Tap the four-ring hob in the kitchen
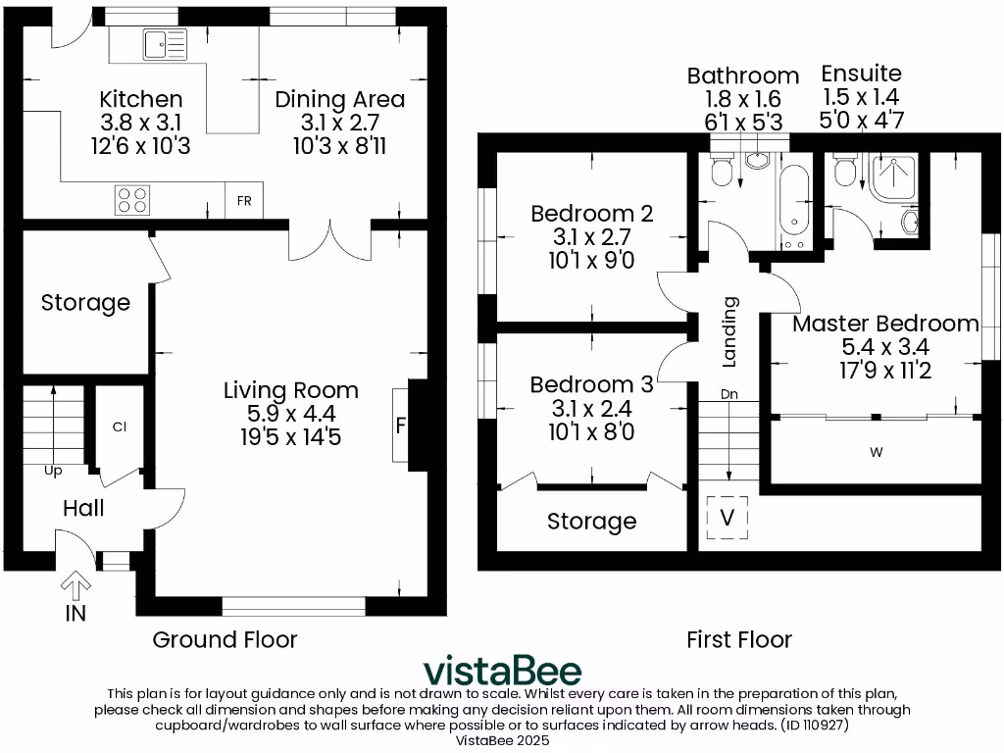(x=133, y=199)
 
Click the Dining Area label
(x=339, y=100)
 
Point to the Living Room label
(x=291, y=390)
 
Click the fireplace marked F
(x=401, y=426)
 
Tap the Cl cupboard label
(x=120, y=427)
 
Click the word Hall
(x=83, y=508)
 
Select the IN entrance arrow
(x=75, y=588)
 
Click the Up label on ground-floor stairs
(x=53, y=471)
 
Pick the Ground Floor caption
(x=225, y=639)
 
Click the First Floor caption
(x=738, y=639)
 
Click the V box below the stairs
(x=727, y=518)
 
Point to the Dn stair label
(x=728, y=394)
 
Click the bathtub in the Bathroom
(x=793, y=207)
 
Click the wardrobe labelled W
(x=875, y=452)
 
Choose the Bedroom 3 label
(x=591, y=384)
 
